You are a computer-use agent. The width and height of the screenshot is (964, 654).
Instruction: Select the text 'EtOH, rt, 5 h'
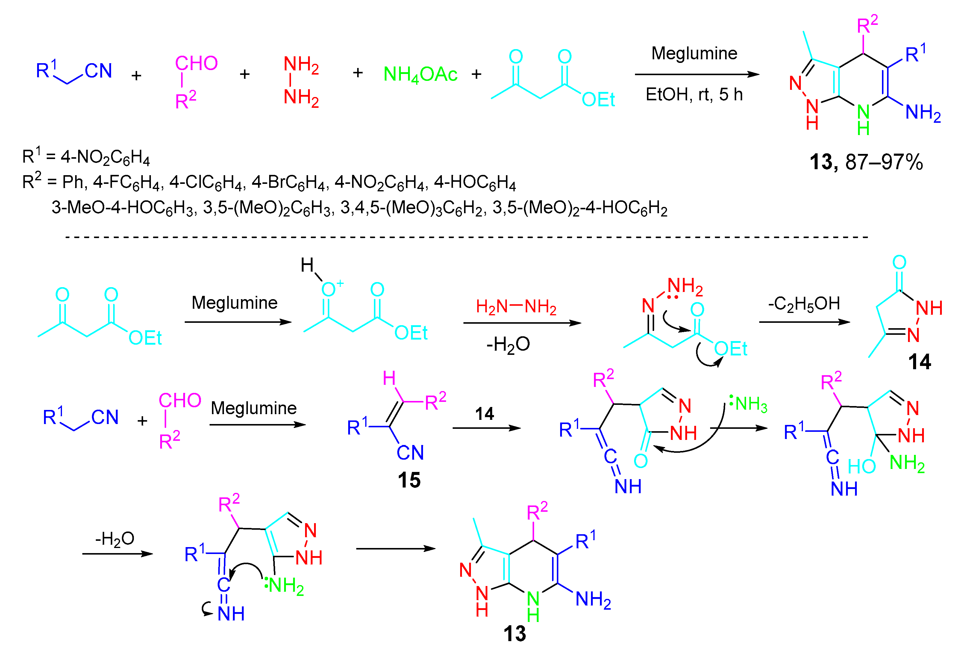coord(694,95)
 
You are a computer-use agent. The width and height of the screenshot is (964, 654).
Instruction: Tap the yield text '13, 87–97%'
coord(866,162)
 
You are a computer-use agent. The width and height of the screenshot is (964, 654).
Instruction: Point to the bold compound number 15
coord(409,480)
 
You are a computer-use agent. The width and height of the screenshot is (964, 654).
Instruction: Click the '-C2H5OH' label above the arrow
coord(804,304)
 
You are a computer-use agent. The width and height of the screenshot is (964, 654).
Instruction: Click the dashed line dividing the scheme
coord(465,237)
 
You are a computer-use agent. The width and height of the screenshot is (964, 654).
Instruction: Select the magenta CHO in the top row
coord(196,63)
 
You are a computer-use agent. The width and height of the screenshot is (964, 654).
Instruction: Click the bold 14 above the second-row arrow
coord(484,414)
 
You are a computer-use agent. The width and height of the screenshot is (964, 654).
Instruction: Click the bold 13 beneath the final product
coord(514,634)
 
